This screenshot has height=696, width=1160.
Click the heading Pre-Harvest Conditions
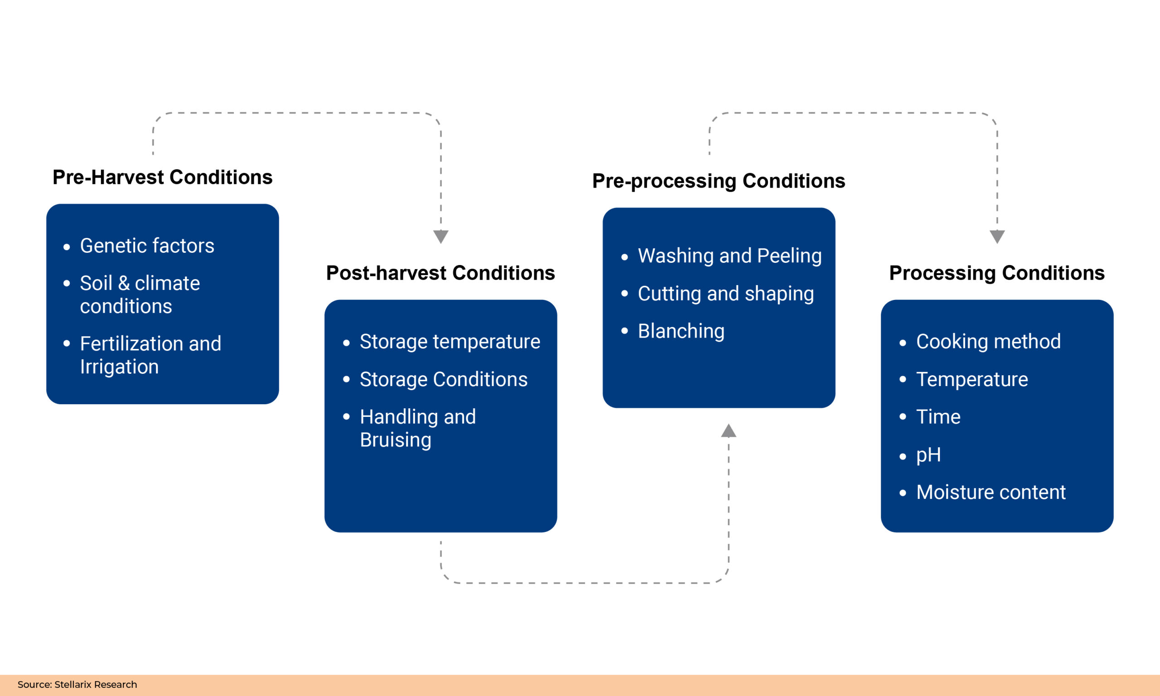[162, 177]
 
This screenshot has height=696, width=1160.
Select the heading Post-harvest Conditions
[440, 273]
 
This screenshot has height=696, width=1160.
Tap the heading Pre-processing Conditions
[718, 181]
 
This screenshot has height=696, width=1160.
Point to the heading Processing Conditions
[996, 273]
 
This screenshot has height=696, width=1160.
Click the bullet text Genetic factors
[147, 246]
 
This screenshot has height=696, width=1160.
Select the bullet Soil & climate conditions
[140, 295]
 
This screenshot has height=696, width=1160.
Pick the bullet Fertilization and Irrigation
[150, 355]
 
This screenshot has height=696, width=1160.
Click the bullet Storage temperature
[449, 342]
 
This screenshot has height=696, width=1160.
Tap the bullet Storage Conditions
[443, 379]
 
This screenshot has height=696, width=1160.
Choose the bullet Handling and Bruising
[417, 428]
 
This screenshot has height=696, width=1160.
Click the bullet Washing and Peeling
[729, 256]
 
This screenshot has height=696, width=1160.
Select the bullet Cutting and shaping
[725, 294]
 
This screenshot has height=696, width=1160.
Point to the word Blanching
[681, 331]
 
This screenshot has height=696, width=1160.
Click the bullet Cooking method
[988, 342]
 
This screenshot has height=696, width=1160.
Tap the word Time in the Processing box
[938, 417]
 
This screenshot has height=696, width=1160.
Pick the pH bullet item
[928, 455]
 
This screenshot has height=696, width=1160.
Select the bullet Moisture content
[990, 493]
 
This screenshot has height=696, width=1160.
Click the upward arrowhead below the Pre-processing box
[728, 431]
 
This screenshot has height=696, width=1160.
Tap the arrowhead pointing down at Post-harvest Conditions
[440, 237]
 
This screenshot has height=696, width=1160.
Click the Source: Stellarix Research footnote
[77, 685]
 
